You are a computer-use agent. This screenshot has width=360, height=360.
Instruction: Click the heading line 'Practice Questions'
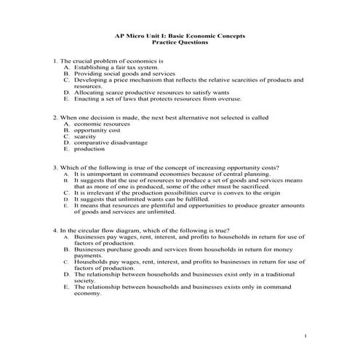(180, 43)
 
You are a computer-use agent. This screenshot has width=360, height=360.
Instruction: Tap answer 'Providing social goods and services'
(123, 74)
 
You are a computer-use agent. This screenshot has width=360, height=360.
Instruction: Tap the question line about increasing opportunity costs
(164, 168)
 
